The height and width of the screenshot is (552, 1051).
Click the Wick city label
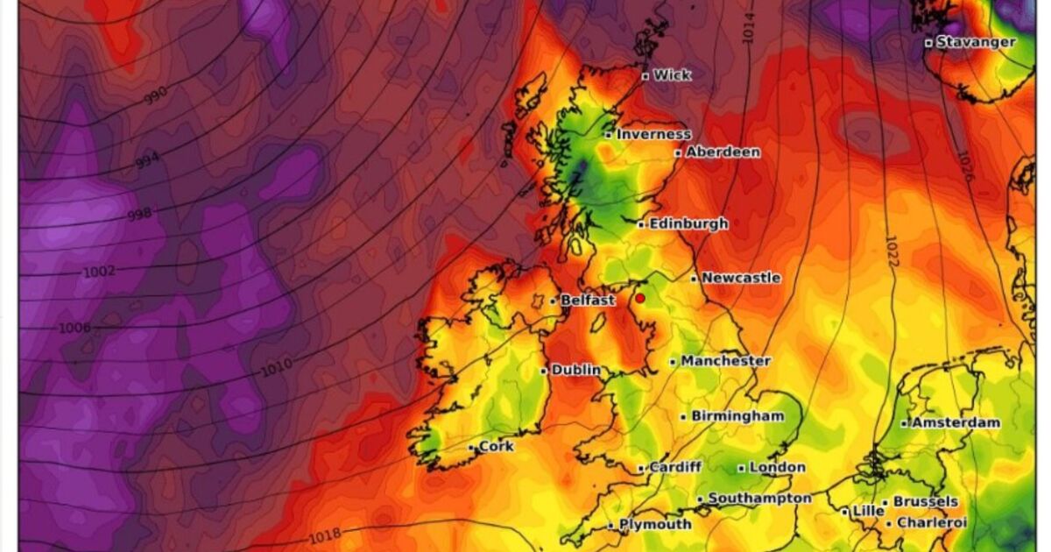pyautogui.click(x=672, y=75)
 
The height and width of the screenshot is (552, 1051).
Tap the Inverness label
pyautogui.click(x=653, y=135)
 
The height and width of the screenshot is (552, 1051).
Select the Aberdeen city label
pyautogui.click(x=723, y=152)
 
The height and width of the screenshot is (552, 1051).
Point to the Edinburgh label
pyautogui.click(x=688, y=224)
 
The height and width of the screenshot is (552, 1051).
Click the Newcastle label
pyautogui.click(x=741, y=278)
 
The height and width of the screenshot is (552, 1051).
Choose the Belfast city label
pyautogui.click(x=588, y=301)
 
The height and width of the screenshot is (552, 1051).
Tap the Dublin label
pyautogui.click(x=576, y=371)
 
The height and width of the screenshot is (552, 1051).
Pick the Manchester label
pyautogui.click(x=726, y=361)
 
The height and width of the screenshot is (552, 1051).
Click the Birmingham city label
pyautogui.click(x=737, y=416)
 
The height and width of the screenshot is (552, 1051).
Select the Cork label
pyautogui.click(x=497, y=447)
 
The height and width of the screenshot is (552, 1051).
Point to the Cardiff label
pyautogui.click(x=675, y=468)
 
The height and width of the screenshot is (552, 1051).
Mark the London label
pyautogui.click(x=777, y=468)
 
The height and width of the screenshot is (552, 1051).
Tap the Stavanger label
pyautogui.click(x=976, y=42)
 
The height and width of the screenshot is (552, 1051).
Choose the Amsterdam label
pyautogui.click(x=956, y=423)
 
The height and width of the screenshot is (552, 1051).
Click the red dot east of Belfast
pyautogui.click(x=640, y=299)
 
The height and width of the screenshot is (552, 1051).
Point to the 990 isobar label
pyautogui.click(x=156, y=96)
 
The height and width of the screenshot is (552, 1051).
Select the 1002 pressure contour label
pyautogui.click(x=98, y=272)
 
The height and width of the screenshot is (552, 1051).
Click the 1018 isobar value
pyautogui.click(x=325, y=534)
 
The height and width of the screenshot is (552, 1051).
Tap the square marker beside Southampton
pyautogui.click(x=700, y=500)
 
